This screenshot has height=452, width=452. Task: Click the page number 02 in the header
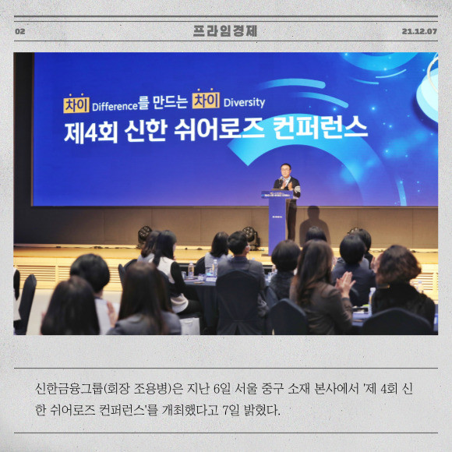pyautogui.click(x=20, y=31)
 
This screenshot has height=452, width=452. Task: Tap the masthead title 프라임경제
pyautogui.click(x=225, y=31)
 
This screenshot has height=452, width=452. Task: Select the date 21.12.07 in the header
pyautogui.click(x=419, y=31)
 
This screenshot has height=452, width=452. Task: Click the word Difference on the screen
pyautogui.click(x=115, y=107)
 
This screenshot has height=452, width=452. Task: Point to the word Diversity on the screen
pyautogui.click(x=244, y=103)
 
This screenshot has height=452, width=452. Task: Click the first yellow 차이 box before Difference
pyautogui.click(x=76, y=104)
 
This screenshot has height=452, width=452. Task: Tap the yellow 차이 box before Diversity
pyautogui.click(x=206, y=100)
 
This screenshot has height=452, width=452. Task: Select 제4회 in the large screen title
pyautogui.click(x=91, y=133)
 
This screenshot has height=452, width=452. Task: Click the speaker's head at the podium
pyautogui.click(x=285, y=171)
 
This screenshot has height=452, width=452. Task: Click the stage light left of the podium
pyautogui.click(x=251, y=236)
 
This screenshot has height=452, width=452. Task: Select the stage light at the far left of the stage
pyautogui.click(x=144, y=234)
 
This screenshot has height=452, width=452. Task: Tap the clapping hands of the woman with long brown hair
pyautogui.click(x=344, y=283)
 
